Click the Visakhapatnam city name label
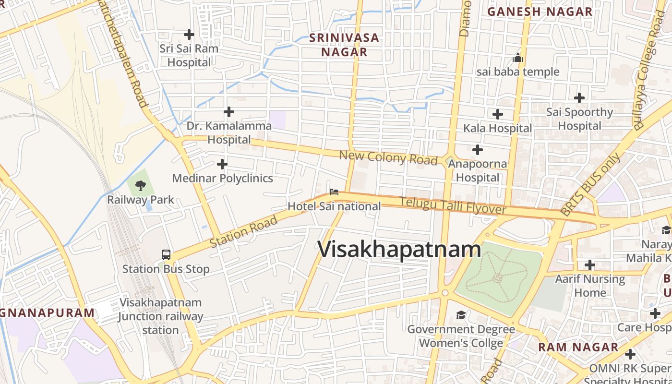coord(399,250)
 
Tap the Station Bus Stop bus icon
coord(166,255)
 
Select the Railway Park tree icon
coord(141,185)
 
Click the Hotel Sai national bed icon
coord(334,192)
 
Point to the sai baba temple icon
coord(518,58)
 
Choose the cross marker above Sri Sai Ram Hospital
coord(189,35)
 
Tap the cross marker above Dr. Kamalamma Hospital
coord(229,112)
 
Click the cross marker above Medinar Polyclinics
coord(222,165)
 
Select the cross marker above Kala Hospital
coord(498,114)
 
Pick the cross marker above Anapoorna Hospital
coord(477,150)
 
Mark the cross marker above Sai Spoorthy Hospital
coord(579,98)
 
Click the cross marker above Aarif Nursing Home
coord(590,265)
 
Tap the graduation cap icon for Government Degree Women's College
coord(461,315)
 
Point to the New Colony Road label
coord(388,157)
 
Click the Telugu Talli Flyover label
coord(453,206)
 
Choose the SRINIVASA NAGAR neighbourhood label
coord(344,45)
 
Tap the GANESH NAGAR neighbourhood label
coord(540,12)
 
